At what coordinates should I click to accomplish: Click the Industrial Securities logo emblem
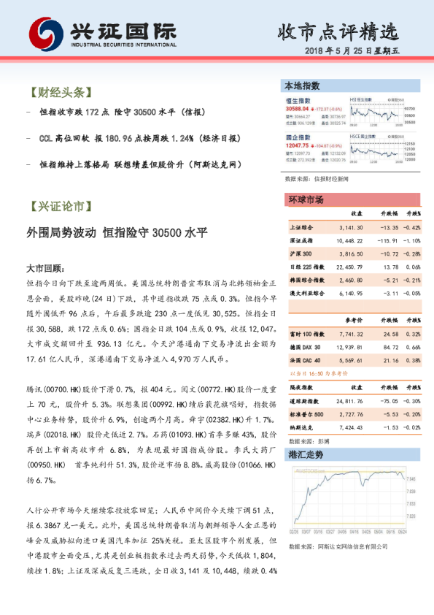pos(45,33)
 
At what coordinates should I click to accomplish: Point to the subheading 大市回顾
pos(46,269)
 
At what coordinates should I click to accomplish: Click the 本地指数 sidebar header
pos(303,86)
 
